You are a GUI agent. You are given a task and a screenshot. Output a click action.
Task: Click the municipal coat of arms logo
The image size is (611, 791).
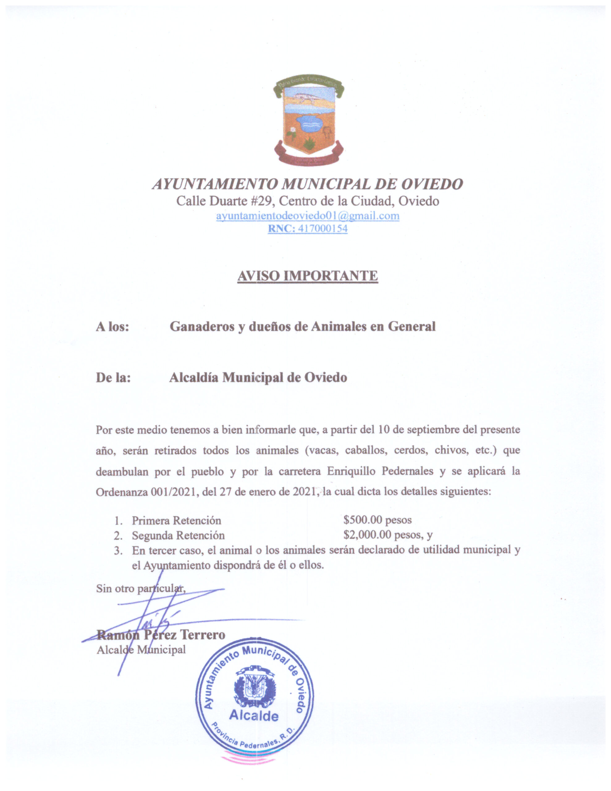pyautogui.click(x=308, y=121)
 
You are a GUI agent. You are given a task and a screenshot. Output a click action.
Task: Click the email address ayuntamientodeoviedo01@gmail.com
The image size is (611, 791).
pyautogui.click(x=307, y=216)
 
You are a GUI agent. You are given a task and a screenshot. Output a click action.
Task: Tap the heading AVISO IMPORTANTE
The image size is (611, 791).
pyautogui.click(x=307, y=276)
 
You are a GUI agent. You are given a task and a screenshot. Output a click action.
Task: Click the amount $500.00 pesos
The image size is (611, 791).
pyautogui.click(x=377, y=520)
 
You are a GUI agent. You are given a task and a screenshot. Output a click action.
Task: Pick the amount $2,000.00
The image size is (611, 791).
pyautogui.click(x=367, y=535)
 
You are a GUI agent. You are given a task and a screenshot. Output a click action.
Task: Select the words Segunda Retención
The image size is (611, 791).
pyautogui.click(x=178, y=535)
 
